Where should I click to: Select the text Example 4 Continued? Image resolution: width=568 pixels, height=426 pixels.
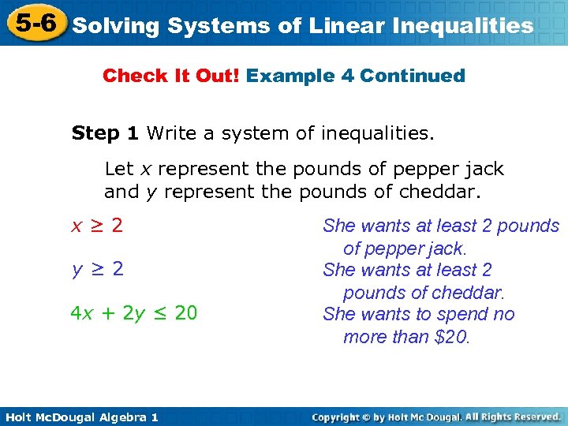pyautogui.click(x=356, y=76)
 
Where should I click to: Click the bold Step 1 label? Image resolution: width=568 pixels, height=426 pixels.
pyautogui.click(x=106, y=133)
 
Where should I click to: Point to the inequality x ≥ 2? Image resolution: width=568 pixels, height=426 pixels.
pyautogui.click(x=97, y=226)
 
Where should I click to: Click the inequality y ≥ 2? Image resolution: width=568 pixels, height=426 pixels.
pyautogui.click(x=97, y=270)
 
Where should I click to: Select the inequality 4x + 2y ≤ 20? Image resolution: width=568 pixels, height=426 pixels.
pyautogui.click(x=133, y=314)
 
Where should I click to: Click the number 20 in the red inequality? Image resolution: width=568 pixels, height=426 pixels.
pyautogui.click(x=185, y=314)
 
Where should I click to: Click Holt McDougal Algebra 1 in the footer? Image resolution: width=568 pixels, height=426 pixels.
pyautogui.click(x=80, y=416)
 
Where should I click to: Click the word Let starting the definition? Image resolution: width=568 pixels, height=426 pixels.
pyautogui.click(x=119, y=169)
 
